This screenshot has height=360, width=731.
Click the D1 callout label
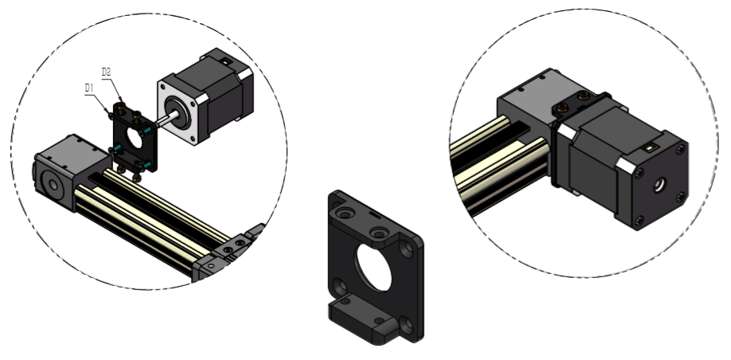(89, 88)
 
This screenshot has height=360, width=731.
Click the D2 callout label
(106, 72)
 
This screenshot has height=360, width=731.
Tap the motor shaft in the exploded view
(166, 119)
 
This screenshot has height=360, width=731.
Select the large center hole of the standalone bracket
(374, 268)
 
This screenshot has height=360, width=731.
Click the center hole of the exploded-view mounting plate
(135, 139)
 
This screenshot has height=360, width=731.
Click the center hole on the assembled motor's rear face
(659, 185)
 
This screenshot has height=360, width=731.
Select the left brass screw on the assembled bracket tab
(563, 108)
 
